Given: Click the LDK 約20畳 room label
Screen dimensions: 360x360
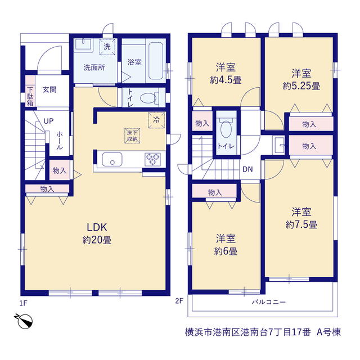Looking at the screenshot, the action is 97,233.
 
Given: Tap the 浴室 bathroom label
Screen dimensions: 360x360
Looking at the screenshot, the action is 134,62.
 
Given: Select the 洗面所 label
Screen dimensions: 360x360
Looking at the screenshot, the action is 94,67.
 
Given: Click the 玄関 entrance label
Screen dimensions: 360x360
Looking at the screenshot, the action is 49,89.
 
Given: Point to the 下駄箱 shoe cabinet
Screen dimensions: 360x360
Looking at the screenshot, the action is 30,91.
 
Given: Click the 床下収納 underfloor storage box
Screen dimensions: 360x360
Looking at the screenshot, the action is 132,136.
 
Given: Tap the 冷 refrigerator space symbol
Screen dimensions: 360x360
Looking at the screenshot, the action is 156,120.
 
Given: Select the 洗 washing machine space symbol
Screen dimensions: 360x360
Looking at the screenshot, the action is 107,47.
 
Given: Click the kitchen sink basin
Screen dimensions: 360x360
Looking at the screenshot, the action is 112,159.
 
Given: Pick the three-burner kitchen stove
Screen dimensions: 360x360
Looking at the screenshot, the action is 152,159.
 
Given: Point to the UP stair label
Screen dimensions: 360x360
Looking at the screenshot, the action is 48,121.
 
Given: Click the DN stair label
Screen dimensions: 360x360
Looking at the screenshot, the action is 247,169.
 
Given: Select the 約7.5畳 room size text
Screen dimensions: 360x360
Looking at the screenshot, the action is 301,224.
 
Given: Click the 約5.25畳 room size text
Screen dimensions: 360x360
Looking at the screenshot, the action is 301,86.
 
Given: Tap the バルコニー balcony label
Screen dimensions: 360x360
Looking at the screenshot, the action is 269,302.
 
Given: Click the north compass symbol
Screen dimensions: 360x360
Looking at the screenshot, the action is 24,321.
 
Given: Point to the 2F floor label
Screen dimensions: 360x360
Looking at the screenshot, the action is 179,301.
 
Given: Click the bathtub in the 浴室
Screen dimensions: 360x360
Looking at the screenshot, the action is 156,61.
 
